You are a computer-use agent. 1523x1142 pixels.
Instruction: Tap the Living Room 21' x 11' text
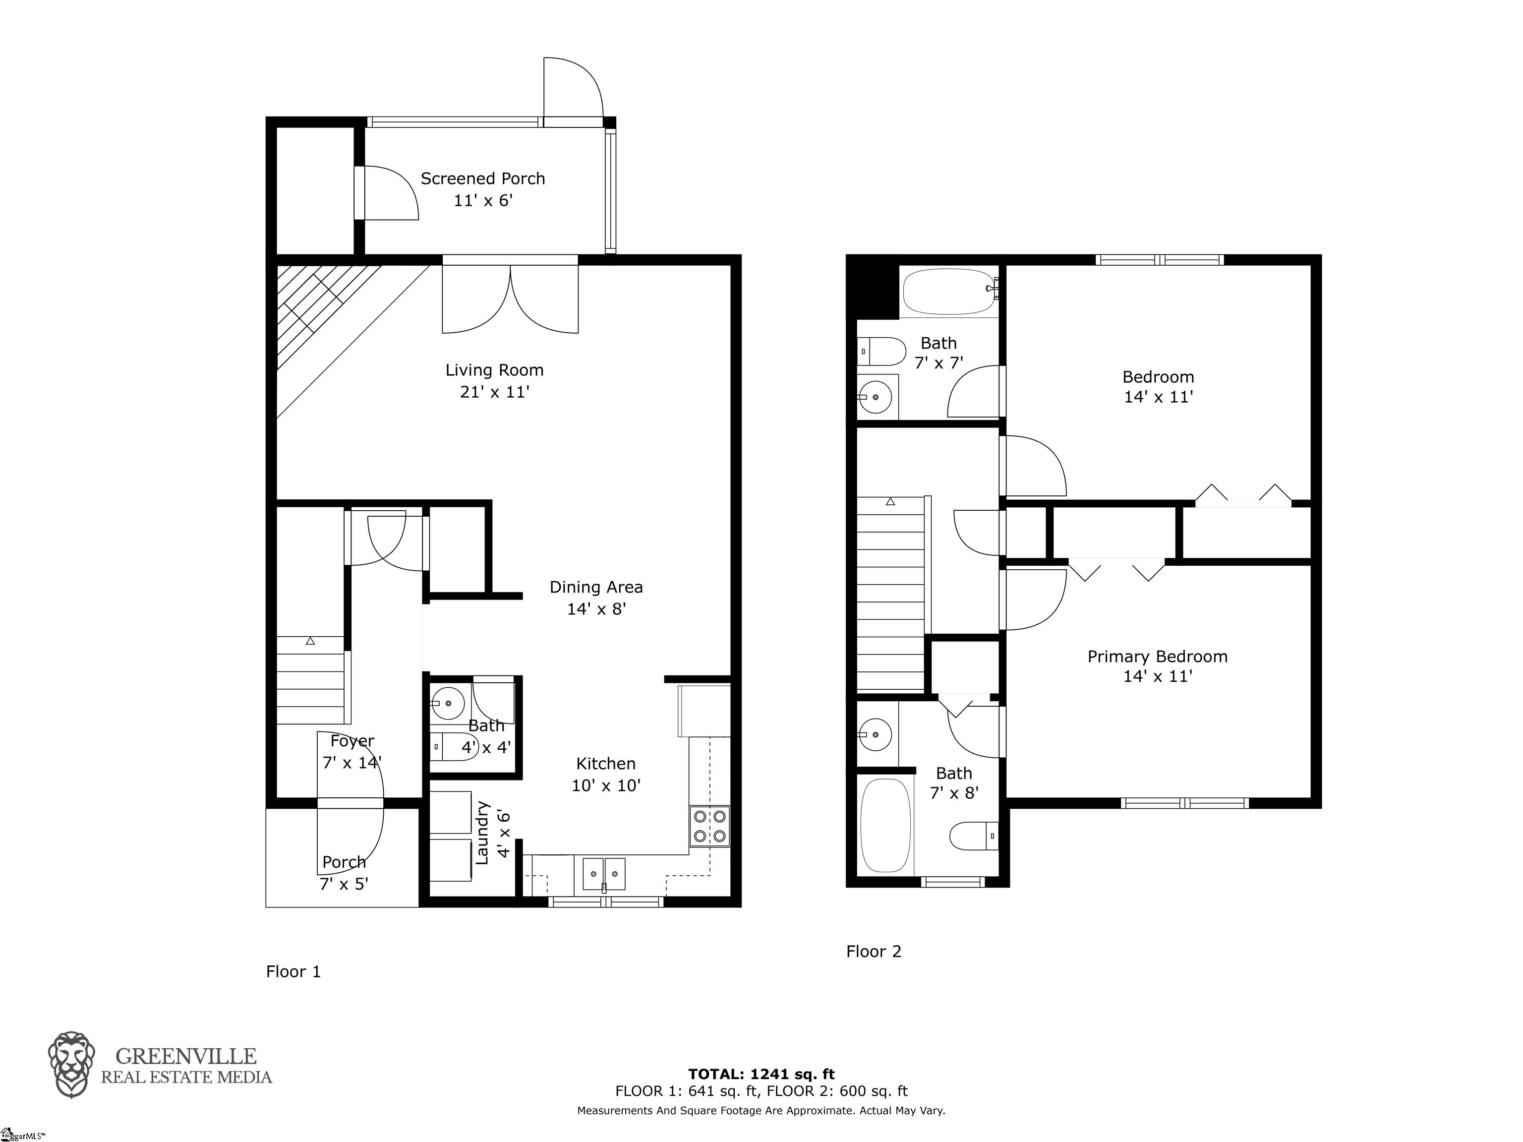(x=494, y=381)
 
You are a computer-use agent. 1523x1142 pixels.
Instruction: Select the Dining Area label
(x=596, y=588)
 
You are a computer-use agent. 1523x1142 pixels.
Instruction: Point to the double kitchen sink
(x=604, y=874)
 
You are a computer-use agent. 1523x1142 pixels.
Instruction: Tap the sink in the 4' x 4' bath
(x=448, y=703)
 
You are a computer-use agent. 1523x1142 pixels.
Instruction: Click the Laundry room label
(x=492, y=833)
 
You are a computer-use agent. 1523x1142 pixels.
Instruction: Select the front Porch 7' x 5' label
(x=344, y=873)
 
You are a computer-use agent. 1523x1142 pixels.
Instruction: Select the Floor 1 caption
(x=293, y=972)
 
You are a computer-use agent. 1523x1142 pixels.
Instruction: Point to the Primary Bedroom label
(x=1158, y=657)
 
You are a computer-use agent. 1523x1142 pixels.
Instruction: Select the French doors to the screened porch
(x=510, y=297)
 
